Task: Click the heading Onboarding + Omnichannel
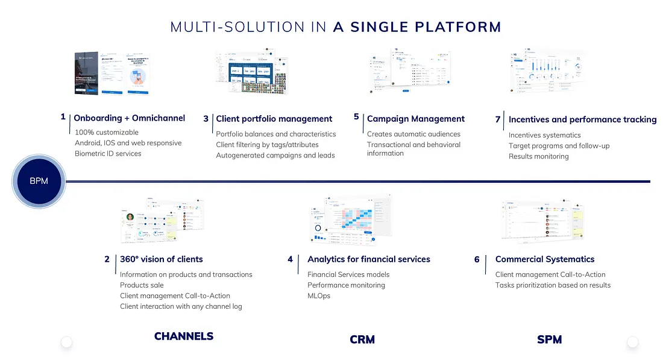(129, 118)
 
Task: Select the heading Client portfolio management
(274, 119)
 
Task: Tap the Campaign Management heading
(416, 119)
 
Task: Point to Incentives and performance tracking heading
(582, 119)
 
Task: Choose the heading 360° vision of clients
(162, 259)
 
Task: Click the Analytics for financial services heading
(369, 259)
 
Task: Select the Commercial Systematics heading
(545, 259)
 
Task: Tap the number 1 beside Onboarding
(63, 117)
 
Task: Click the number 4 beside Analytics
(290, 259)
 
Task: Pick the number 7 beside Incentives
(498, 119)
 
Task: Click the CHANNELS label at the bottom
(184, 336)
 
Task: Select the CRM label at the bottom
(362, 339)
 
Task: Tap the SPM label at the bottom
(549, 339)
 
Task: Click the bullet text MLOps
(319, 295)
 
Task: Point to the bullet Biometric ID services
(108, 153)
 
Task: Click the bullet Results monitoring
(538, 156)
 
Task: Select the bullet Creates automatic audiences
(413, 134)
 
